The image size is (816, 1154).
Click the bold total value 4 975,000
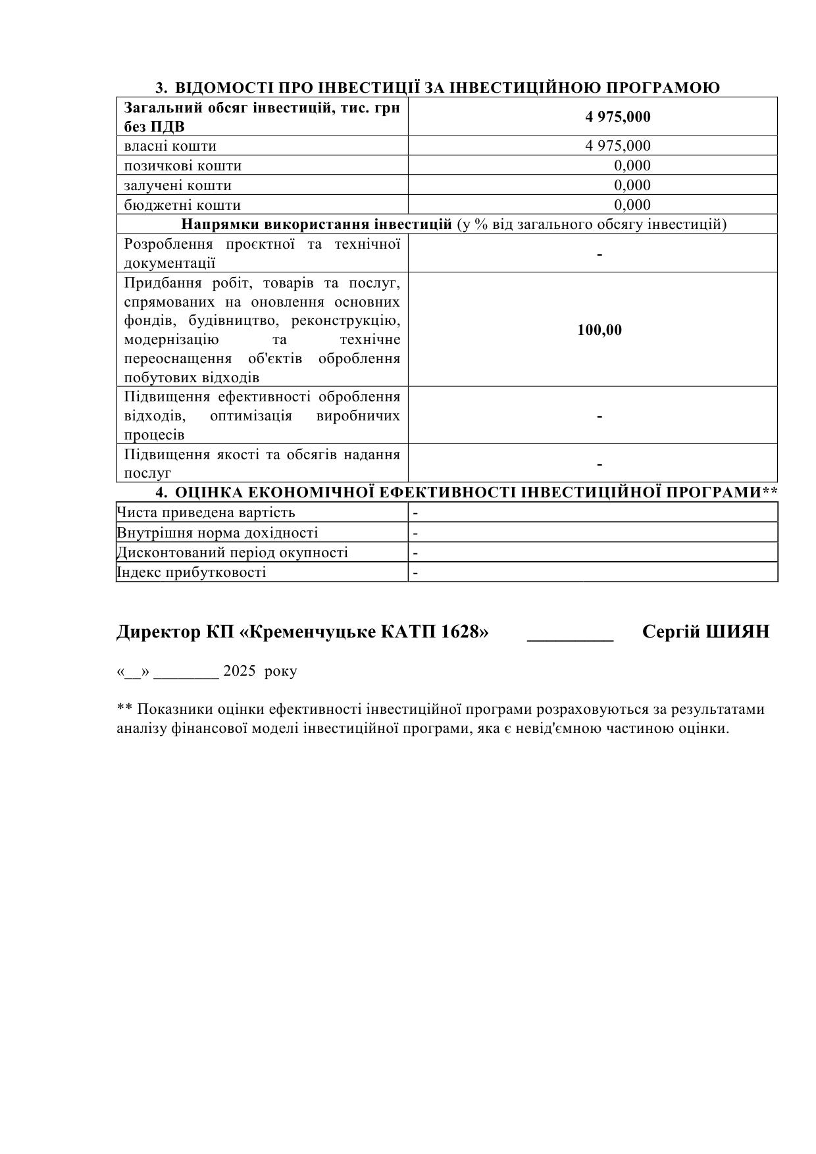point(617,117)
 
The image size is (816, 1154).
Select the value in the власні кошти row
point(617,146)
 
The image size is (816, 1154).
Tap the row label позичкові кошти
point(182,166)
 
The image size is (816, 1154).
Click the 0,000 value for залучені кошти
point(632,186)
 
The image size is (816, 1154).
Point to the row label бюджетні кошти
point(182,205)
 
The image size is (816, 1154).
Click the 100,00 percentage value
point(599,330)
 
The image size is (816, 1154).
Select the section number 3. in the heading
point(162,88)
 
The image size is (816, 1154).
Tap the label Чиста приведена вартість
point(206,513)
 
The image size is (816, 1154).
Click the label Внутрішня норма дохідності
point(217,533)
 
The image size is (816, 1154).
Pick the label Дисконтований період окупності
point(232,553)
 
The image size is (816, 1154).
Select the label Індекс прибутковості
point(191,572)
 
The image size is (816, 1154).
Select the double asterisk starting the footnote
point(124,709)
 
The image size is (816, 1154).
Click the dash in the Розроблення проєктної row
point(599,254)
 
